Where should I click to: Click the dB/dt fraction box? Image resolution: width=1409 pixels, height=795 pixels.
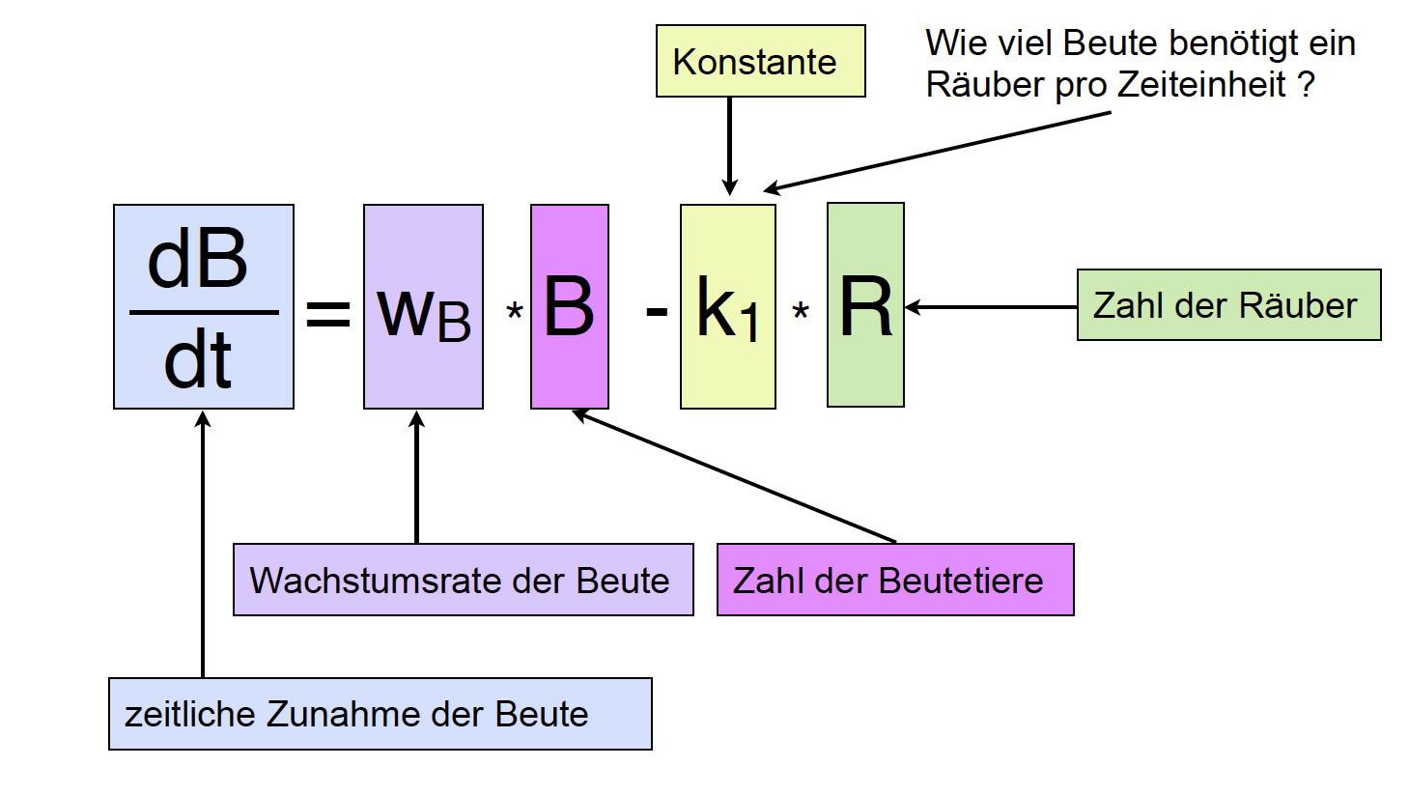click(x=204, y=306)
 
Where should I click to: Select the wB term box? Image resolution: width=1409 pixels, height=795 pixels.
click(x=423, y=306)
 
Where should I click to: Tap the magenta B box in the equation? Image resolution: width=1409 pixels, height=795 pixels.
click(x=570, y=306)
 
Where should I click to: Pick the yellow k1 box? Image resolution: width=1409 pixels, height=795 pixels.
click(x=728, y=306)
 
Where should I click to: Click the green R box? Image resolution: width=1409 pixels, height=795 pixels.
click(x=865, y=305)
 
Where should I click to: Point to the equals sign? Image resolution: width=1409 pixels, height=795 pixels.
click(x=328, y=313)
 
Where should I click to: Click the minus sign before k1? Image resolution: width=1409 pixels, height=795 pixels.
click(x=657, y=311)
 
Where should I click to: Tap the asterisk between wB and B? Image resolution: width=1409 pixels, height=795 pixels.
click(x=515, y=312)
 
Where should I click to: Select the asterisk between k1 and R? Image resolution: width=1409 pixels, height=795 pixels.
click(x=801, y=312)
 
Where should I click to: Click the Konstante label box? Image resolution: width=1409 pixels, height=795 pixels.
click(x=760, y=61)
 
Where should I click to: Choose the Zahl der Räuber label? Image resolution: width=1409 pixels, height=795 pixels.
click(x=1228, y=305)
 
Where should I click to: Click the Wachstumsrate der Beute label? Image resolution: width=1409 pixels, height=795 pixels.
click(x=463, y=580)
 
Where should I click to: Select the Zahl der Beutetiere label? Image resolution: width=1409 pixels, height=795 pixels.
click(x=895, y=580)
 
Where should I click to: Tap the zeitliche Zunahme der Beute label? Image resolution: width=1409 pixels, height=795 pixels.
click(x=380, y=714)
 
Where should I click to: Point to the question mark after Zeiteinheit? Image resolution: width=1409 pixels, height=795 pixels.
click(x=1306, y=84)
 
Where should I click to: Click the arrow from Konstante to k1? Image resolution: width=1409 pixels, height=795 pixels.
click(x=729, y=145)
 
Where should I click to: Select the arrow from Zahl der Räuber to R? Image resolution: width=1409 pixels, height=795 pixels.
click(x=990, y=307)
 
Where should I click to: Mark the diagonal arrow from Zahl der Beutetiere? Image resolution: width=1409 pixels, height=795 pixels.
click(x=734, y=475)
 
